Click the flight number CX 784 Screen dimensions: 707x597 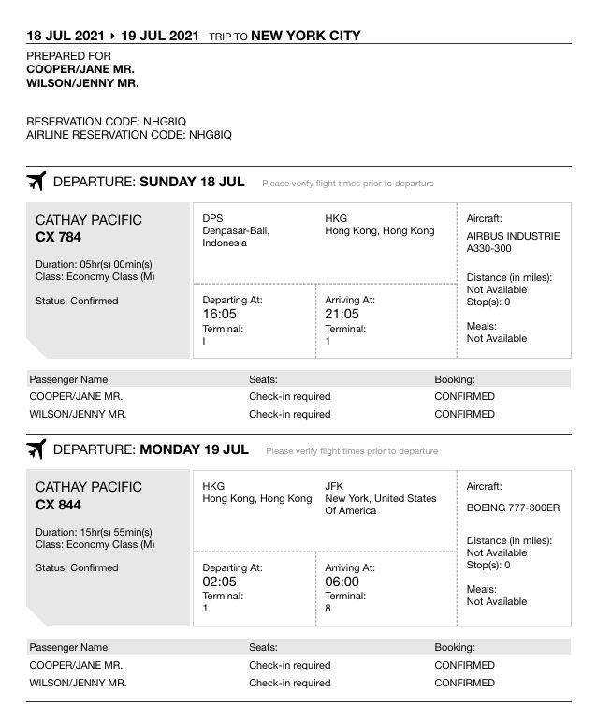58,238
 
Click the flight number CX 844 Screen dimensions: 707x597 58,505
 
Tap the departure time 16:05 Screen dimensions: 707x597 220,315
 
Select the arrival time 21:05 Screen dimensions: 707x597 342,315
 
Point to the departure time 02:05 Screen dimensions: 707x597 220,582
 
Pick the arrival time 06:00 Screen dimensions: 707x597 342,582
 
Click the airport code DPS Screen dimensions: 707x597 212,218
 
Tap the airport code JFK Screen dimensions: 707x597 334,486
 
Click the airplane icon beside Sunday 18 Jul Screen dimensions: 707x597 36,182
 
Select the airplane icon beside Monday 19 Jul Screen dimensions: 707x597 36,449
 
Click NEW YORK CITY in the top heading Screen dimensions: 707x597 306,37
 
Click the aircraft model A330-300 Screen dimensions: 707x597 489,249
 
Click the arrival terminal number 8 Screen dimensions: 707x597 328,609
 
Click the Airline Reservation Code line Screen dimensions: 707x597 129,135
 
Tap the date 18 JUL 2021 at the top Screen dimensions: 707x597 66,37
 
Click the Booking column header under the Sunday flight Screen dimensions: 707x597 455,379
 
